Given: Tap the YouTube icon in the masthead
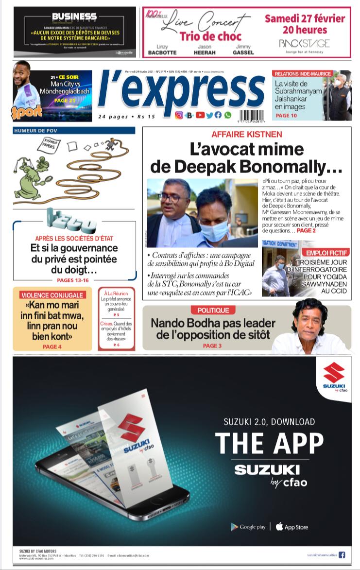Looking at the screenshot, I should (200, 115).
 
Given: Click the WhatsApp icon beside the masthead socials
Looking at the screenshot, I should (228, 115).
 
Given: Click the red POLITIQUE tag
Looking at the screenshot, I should (213, 310).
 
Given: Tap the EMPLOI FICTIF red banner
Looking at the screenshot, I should (326, 253).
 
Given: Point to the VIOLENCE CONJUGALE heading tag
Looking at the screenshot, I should (52, 295).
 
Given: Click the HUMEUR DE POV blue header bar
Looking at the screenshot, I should (74, 130).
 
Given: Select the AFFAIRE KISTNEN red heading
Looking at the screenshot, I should (246, 134).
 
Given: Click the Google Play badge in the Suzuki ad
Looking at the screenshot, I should (248, 527).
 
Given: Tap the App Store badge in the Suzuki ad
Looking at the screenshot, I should (291, 527).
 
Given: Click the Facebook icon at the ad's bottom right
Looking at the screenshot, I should (342, 554).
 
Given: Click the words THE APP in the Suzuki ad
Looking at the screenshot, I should (269, 443).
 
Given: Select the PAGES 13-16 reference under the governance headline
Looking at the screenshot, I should (73, 280).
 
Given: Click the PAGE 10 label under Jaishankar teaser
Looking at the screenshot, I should (286, 116).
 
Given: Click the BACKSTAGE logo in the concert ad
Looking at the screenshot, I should (304, 44).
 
